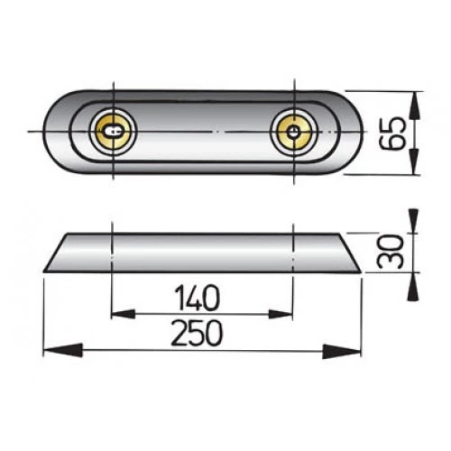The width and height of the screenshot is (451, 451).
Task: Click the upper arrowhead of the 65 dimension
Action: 414,100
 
